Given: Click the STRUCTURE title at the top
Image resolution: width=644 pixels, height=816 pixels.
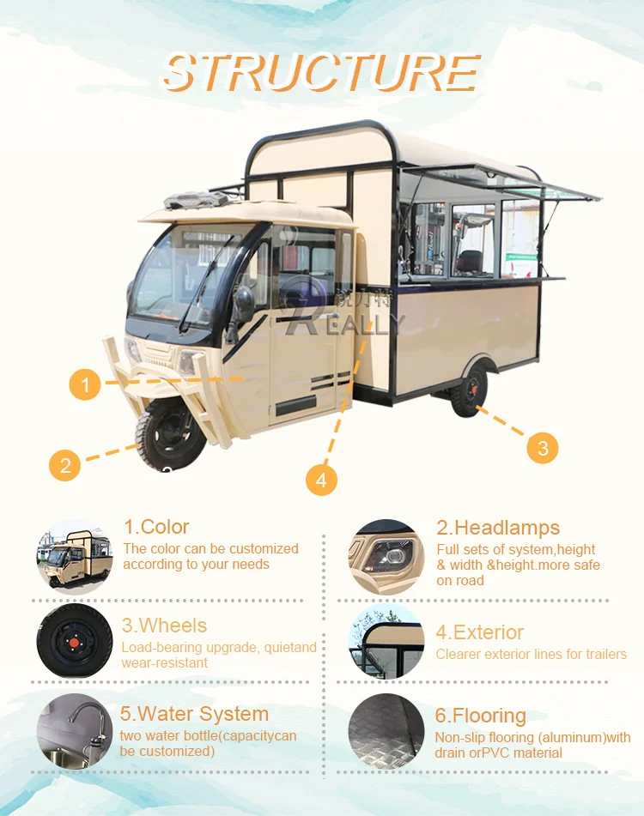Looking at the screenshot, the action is (321, 73).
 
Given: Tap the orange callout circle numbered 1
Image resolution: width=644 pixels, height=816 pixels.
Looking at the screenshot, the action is (85, 384).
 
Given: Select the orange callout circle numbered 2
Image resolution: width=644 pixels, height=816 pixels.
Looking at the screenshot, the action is (65, 466).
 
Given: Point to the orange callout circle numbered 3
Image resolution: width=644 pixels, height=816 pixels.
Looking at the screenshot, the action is (542, 447).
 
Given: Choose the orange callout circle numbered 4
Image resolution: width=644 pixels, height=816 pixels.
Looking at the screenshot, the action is (321, 480).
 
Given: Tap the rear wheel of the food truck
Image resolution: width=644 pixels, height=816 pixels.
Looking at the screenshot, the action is (469, 390).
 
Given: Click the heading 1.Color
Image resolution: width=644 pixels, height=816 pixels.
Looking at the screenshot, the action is (156, 527).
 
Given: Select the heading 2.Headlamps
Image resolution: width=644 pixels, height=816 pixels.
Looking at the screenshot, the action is (498, 528).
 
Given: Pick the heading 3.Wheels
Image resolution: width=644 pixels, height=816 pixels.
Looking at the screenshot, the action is (164, 626).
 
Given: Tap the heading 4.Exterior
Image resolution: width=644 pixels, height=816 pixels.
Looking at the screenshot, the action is (479, 632).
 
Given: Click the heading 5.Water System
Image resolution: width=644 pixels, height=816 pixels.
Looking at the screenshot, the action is (194, 714).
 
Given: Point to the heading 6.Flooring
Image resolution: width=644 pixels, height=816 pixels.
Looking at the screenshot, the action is (480, 716).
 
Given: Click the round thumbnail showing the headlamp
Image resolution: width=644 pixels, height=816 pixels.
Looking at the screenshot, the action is (386, 557).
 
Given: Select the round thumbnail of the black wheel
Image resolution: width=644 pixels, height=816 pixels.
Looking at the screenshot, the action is (75, 641).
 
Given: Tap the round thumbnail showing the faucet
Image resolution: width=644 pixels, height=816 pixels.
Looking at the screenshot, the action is (75, 730).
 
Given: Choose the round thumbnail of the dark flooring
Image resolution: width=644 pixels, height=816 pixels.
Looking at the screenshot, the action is (386, 731).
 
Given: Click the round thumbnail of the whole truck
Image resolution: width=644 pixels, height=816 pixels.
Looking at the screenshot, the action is (75, 557).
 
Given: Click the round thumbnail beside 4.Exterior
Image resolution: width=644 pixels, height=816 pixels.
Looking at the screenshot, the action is (386, 642).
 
